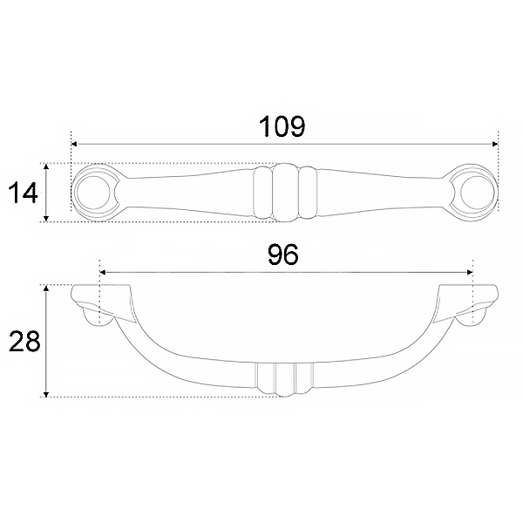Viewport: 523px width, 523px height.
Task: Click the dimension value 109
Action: point(282,126)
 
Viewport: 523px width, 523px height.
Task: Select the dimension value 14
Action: point(23,194)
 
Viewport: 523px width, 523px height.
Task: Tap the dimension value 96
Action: point(283,255)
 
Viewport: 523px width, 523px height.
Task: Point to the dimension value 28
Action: point(24,341)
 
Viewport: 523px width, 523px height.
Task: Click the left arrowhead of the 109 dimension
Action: point(74,144)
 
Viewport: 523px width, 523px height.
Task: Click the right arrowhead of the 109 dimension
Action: point(495,144)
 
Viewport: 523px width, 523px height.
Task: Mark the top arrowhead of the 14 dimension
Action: point(46,166)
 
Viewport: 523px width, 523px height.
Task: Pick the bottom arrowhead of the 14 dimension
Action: point(46,219)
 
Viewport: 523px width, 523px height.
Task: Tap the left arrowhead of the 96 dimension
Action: point(103,272)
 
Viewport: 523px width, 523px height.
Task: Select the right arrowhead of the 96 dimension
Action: point(470,272)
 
